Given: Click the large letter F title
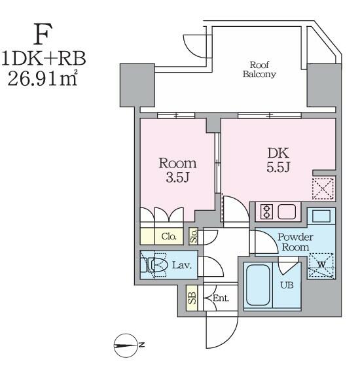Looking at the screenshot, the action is [43, 34].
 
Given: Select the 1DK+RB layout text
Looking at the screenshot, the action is [44, 58].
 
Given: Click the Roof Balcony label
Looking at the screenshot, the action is [259, 69].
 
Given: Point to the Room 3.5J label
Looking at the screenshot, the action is [177, 170].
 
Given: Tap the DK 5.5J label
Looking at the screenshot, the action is [278, 160].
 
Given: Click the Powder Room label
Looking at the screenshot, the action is [295, 242].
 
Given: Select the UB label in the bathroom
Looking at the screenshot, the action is [287, 285].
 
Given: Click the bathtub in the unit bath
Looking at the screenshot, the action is [258, 285].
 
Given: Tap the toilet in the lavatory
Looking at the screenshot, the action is [154, 265].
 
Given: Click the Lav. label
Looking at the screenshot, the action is [182, 265].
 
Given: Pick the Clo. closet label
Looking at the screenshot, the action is [169, 236].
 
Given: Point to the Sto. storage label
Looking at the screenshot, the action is [194, 236].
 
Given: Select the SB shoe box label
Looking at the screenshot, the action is [192, 298].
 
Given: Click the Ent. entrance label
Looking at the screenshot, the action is [221, 298].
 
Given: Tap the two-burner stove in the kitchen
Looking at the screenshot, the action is [266, 211].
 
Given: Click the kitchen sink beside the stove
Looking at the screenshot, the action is [287, 211].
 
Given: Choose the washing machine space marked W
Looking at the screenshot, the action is [321, 265].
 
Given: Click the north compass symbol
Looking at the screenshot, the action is [126, 345].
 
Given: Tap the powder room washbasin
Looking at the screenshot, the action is [321, 216].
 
